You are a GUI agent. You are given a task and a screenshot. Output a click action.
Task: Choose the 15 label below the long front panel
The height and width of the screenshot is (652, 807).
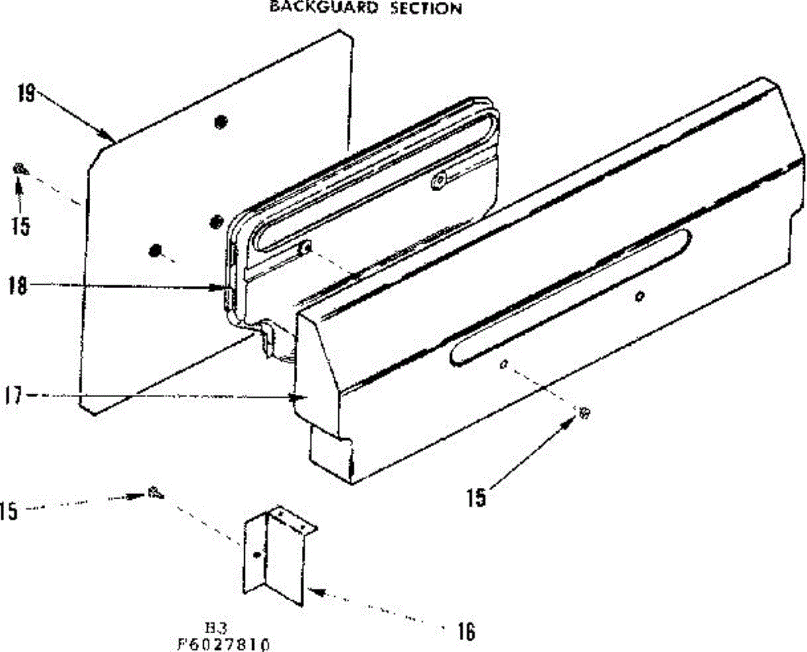[476, 499]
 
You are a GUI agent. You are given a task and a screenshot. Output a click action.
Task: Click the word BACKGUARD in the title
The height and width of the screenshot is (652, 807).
[310, 8]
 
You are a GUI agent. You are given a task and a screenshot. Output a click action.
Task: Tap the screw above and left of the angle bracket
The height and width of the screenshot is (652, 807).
[155, 493]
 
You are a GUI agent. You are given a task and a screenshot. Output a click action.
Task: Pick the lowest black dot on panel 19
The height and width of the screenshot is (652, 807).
[155, 250]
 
